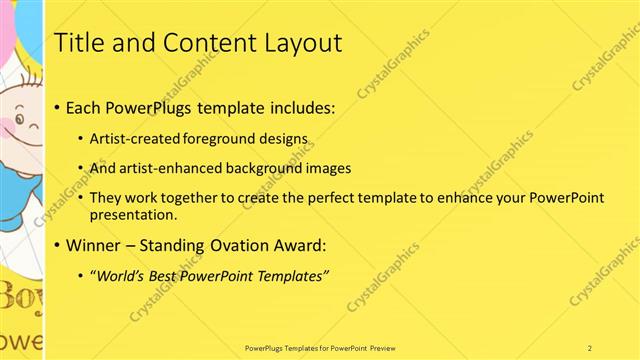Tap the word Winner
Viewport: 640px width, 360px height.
(x=92, y=244)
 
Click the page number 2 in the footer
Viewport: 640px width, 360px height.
(x=590, y=347)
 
